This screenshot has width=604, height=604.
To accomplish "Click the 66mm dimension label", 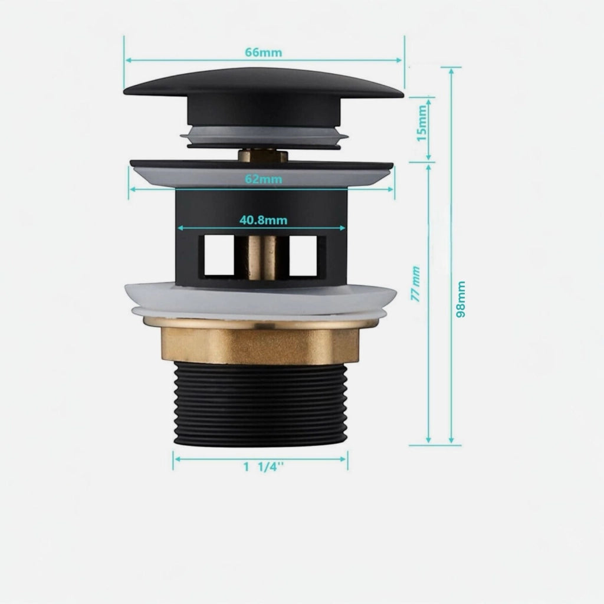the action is [x=264, y=52].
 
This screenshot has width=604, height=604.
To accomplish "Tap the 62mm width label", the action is [x=264, y=179].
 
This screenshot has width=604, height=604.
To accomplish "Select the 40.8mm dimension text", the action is [x=264, y=221].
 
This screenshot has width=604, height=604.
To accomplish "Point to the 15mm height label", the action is [x=422, y=123].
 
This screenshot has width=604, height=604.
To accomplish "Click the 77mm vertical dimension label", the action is [x=415, y=284].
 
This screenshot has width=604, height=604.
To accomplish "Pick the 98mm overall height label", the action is [x=461, y=299].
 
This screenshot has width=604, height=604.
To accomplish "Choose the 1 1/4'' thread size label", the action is [x=264, y=467].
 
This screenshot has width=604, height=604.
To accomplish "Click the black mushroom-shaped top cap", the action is [x=264, y=96].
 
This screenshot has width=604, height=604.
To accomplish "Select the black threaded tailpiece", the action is [x=260, y=405].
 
